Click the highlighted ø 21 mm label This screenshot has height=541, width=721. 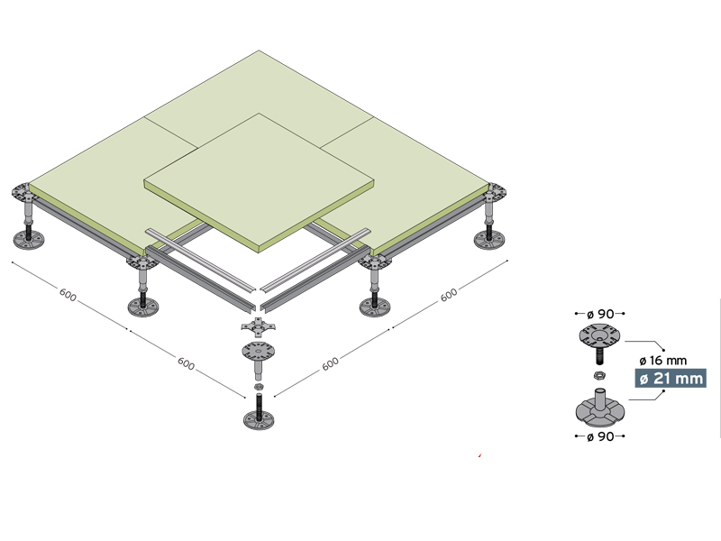(671, 378)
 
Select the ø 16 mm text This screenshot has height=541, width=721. (663, 360)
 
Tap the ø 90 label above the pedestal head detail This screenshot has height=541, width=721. (600, 314)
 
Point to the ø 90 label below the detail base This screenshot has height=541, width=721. (600, 436)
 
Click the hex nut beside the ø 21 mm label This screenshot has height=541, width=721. (598, 375)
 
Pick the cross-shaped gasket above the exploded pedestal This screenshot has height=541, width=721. (259, 326)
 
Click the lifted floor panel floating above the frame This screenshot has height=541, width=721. (259, 183)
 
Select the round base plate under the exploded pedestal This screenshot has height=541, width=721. (259, 420)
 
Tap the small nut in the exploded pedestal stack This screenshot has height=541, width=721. (259, 386)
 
